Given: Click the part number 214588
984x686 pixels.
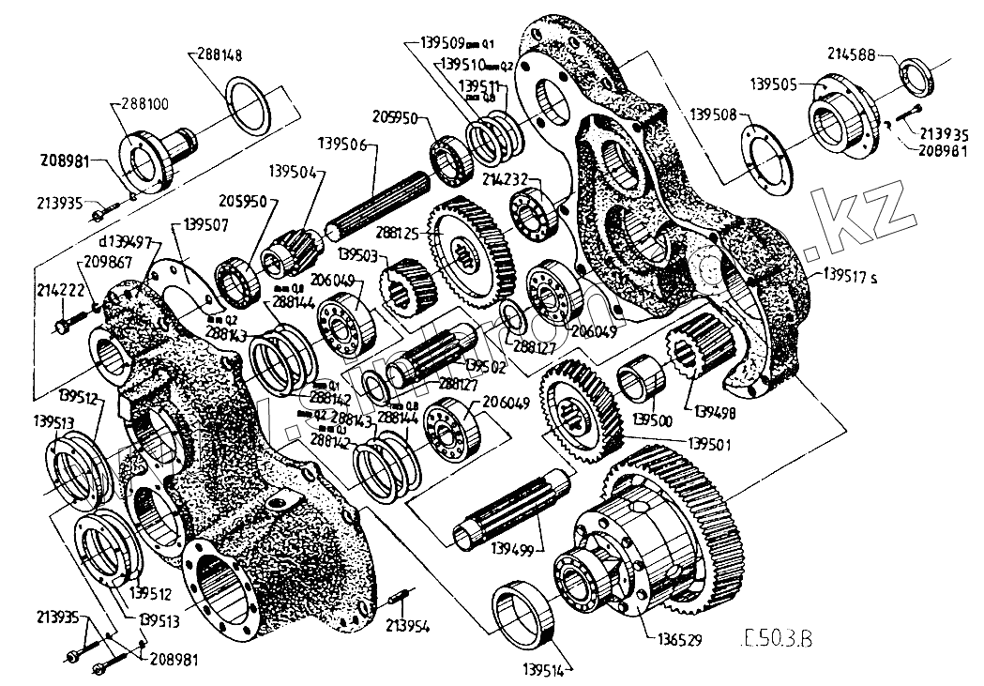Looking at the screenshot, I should click(851, 55).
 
